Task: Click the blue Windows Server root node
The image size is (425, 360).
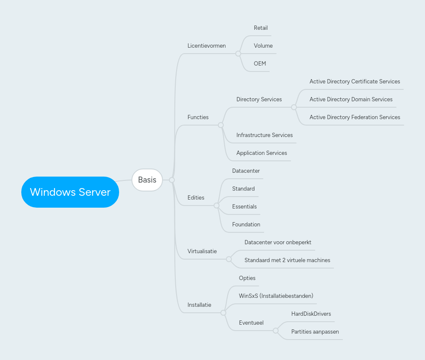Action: click(x=70, y=192)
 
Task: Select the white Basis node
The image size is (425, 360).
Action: click(x=147, y=180)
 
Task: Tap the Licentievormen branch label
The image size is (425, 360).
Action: click(x=206, y=46)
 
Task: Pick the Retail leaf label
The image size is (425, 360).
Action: click(x=261, y=28)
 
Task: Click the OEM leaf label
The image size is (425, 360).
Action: click(x=260, y=64)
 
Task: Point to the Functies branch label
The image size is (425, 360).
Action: click(x=198, y=117)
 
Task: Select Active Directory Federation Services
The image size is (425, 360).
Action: click(x=355, y=117)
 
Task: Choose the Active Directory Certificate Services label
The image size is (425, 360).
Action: click(x=355, y=82)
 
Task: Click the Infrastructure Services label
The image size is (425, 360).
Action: click(x=265, y=135)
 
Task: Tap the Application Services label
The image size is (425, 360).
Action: click(x=262, y=153)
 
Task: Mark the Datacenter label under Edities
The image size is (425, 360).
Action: click(x=246, y=171)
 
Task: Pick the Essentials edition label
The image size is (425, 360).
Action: click(x=245, y=207)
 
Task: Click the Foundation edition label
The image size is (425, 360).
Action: click(x=246, y=225)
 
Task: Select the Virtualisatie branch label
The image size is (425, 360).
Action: click(x=202, y=251)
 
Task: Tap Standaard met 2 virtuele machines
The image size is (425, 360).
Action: click(x=287, y=260)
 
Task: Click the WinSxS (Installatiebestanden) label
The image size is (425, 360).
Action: click(x=276, y=296)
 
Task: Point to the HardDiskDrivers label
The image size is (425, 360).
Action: click(x=311, y=314)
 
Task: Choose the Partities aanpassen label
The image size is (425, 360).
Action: click(x=315, y=332)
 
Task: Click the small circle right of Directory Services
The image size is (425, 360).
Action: click(x=294, y=107)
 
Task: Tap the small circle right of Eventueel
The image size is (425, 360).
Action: click(x=275, y=331)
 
